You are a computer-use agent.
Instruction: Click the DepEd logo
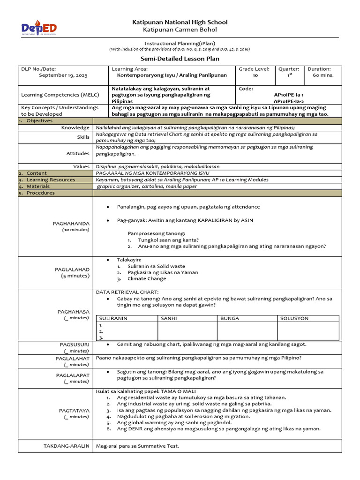[x=39, y=29]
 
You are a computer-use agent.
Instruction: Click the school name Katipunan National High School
[x=180, y=22]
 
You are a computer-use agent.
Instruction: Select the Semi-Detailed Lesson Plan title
[x=180, y=59]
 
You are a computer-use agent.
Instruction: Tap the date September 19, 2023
[x=63, y=75]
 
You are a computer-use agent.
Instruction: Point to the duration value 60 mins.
[x=323, y=75]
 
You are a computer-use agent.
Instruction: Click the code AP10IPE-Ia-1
[x=288, y=94]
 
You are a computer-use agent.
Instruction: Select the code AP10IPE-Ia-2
[x=288, y=101]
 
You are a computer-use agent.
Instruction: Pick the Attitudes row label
[x=78, y=153]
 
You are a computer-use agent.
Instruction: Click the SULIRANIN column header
[x=113, y=318]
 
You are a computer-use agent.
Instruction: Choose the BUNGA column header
[x=230, y=318]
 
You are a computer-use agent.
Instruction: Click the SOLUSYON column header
[x=294, y=318]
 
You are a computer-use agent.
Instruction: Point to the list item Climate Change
[x=147, y=278]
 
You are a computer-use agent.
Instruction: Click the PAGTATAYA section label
[x=74, y=410]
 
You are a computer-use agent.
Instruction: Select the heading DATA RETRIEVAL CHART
[x=124, y=292]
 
